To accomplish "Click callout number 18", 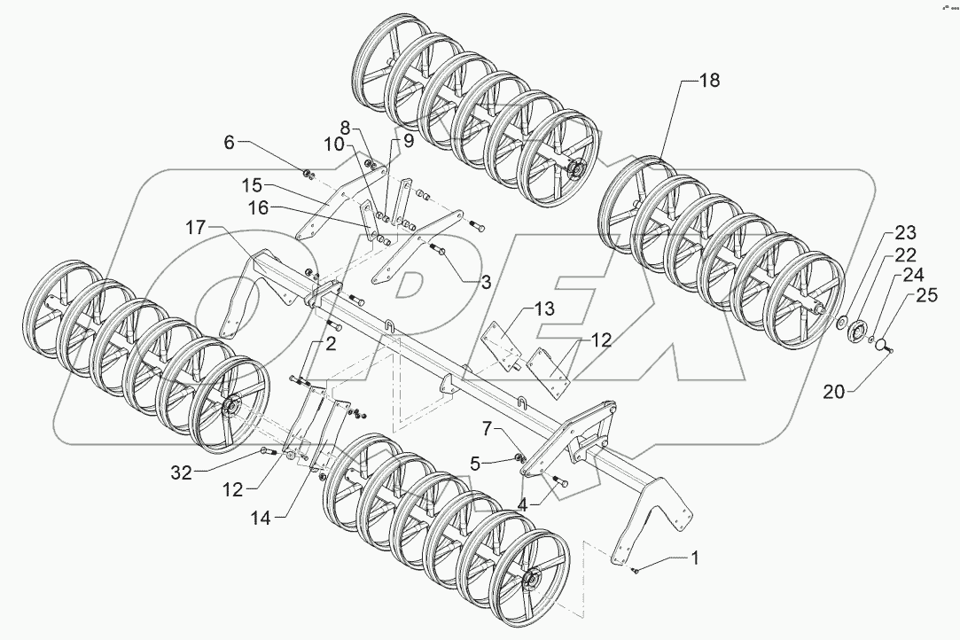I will (709, 81).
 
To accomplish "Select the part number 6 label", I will (230, 142).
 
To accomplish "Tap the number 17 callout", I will (196, 229).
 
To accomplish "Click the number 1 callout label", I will (696, 558).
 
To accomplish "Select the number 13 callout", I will (543, 308).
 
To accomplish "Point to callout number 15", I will (253, 187).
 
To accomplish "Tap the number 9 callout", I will (409, 140).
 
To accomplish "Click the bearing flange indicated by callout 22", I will (857, 333).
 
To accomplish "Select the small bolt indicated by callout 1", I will (636, 571).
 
